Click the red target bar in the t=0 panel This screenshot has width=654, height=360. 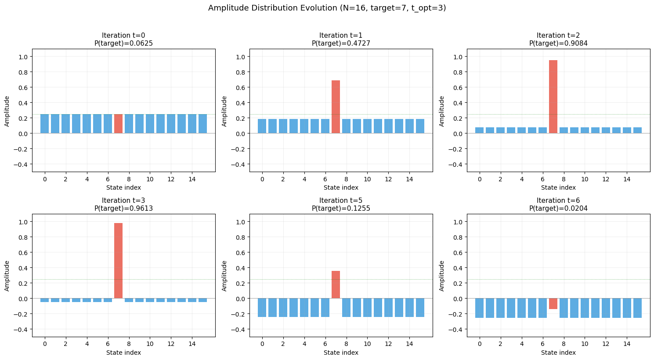pyautogui.click(x=118, y=124)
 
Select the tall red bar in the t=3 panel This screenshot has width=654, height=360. pyautogui.click(x=118, y=261)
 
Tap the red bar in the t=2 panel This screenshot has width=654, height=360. pyautogui.click(x=553, y=97)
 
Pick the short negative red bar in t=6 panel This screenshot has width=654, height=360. pyautogui.click(x=553, y=303)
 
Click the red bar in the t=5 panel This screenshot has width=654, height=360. pyautogui.click(x=336, y=284)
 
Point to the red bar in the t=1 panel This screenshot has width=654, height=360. pyautogui.click(x=336, y=107)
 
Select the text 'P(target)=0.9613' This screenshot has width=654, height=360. pyautogui.click(x=123, y=208)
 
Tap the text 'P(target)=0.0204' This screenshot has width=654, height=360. pyautogui.click(x=558, y=208)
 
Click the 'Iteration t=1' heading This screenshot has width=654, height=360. pyautogui.click(x=341, y=36)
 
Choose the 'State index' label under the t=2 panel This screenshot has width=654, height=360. pyautogui.click(x=558, y=187)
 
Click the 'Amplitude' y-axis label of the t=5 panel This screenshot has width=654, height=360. pyautogui.click(x=224, y=276)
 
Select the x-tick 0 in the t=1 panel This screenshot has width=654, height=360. pyautogui.click(x=262, y=179)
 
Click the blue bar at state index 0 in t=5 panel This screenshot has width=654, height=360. pyautogui.click(x=262, y=307)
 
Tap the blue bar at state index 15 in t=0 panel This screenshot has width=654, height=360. pyautogui.click(x=202, y=124)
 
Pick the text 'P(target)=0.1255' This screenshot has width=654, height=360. pyautogui.click(x=341, y=208)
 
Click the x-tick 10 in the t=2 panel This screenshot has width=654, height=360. pyautogui.click(x=585, y=179)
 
